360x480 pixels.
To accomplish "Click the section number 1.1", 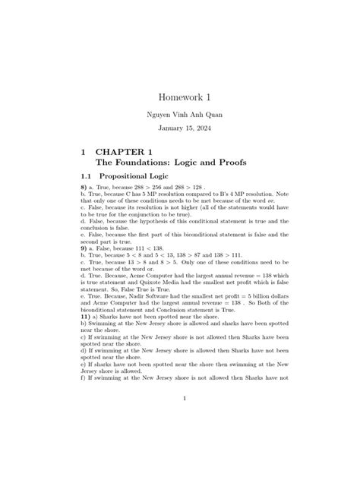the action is [x=88, y=177].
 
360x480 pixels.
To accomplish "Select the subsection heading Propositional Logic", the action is [x=141, y=177].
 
